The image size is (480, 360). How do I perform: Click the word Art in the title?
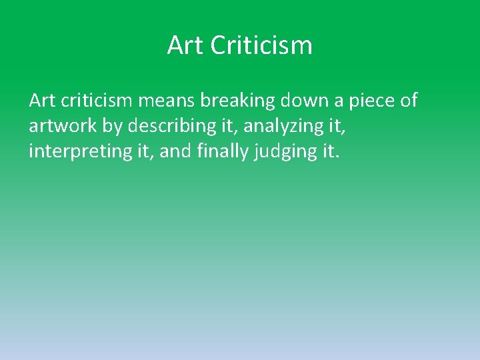tap(185, 45)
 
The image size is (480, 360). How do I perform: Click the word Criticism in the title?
tap(261, 45)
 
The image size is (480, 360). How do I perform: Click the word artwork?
tap(63, 126)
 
